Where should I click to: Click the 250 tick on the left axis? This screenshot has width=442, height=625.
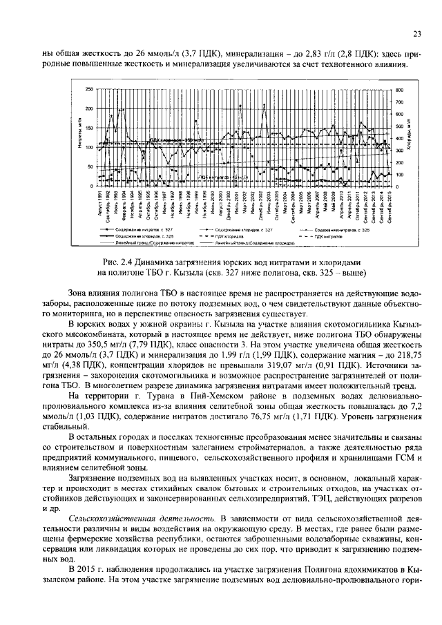tap(88, 90)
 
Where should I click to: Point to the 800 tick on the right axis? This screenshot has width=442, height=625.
tap(399, 90)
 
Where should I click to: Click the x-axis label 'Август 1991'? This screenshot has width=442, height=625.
tap(100, 206)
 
